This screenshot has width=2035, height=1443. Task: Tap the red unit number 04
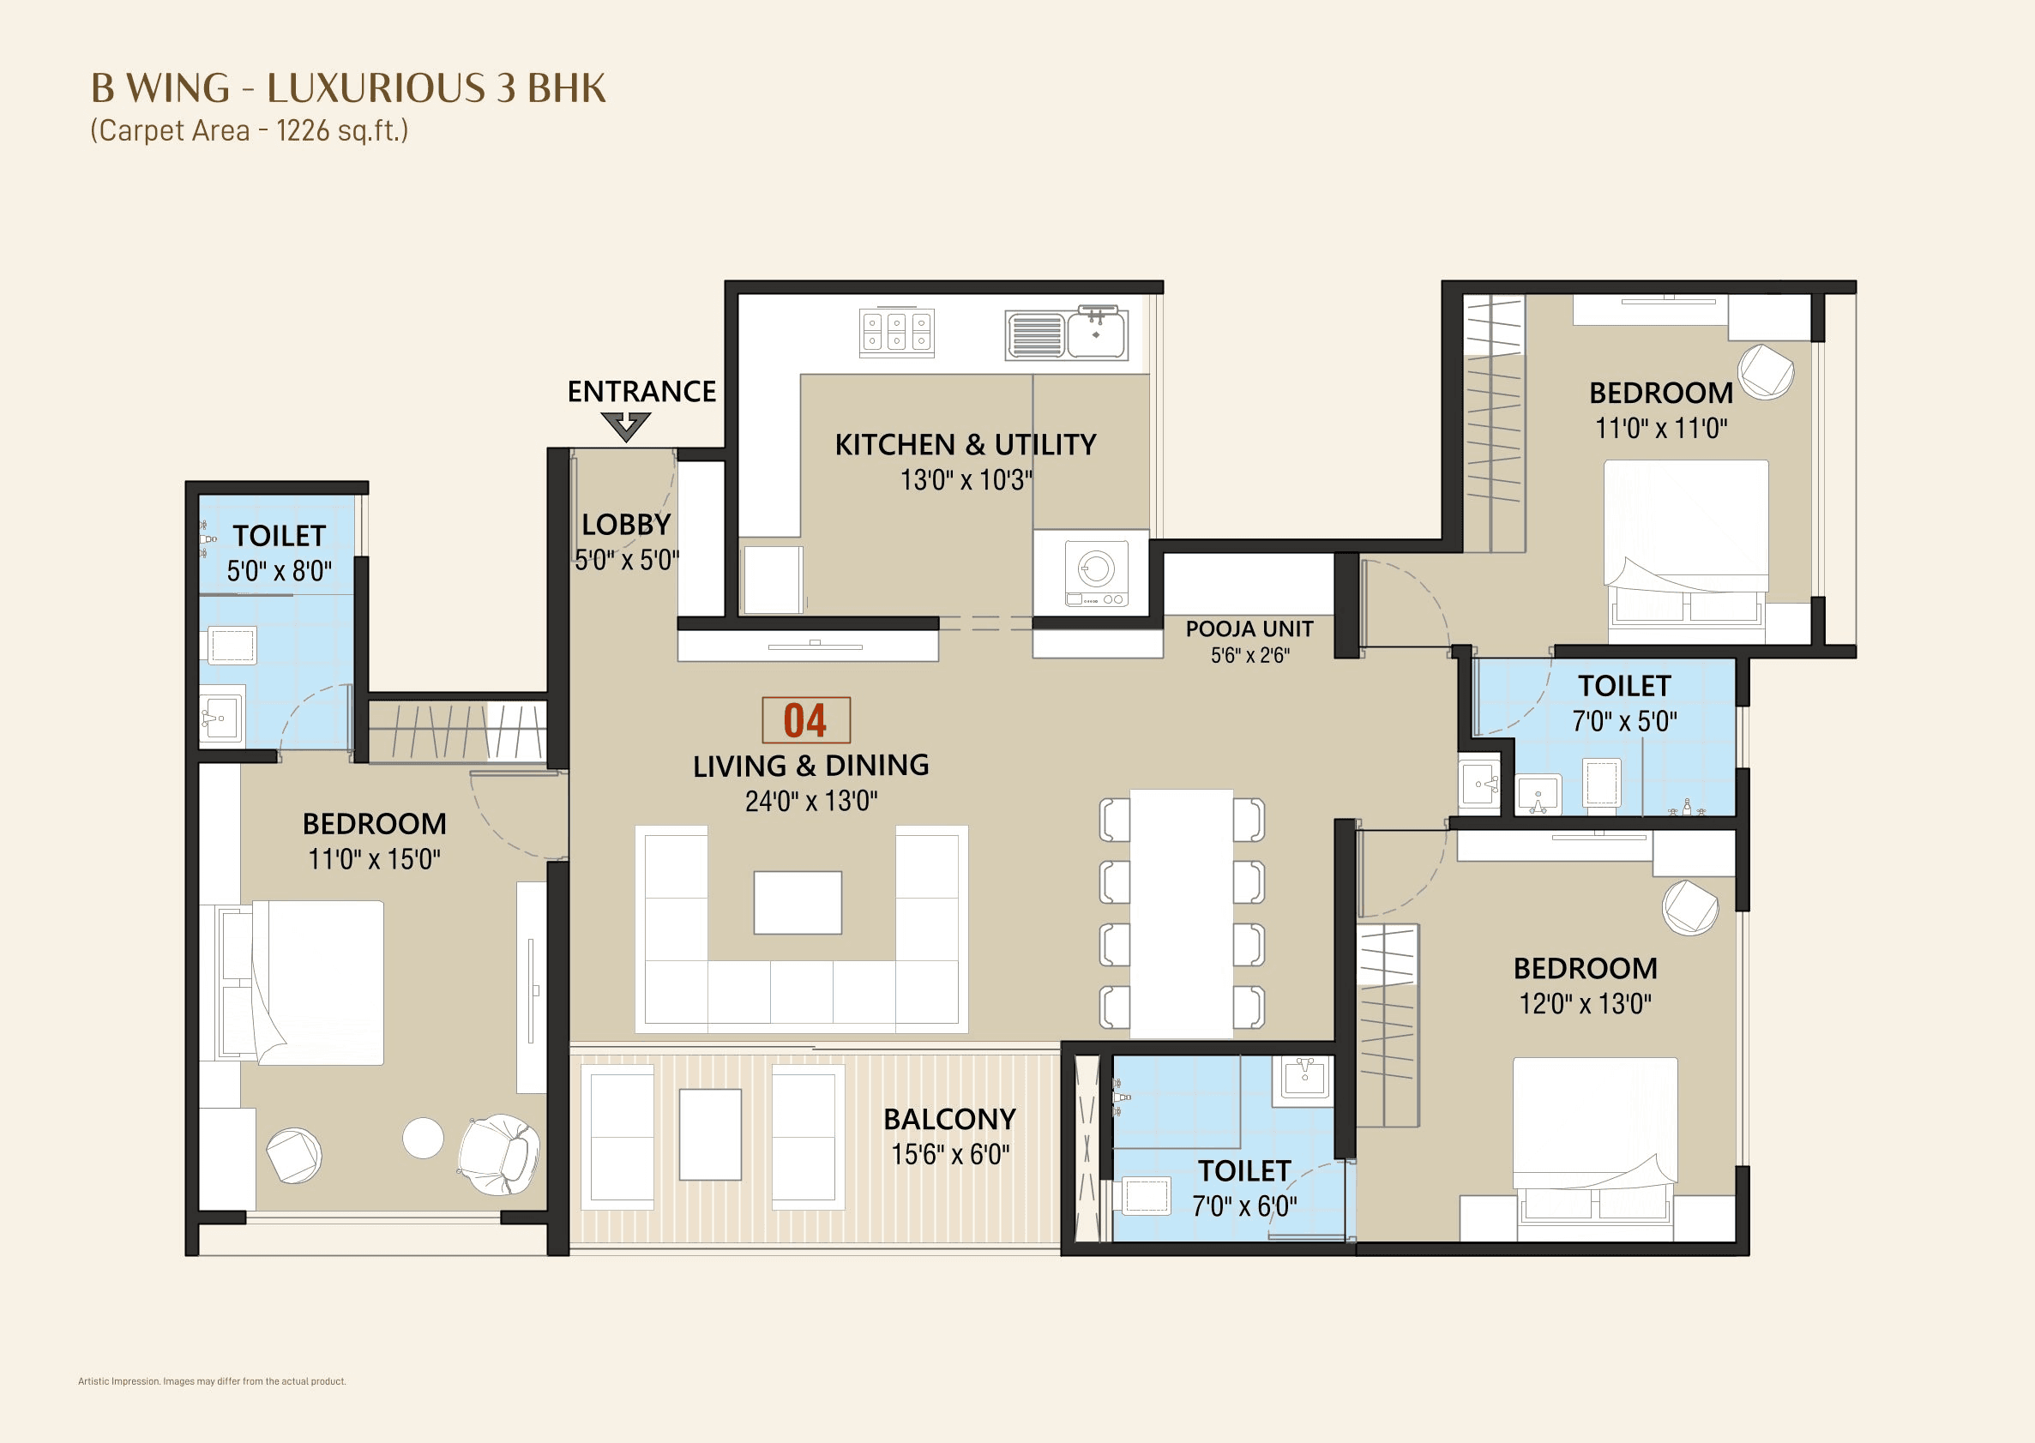(x=805, y=719)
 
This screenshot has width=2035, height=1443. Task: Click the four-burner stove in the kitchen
(x=897, y=333)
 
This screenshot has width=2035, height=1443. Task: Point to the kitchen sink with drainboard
(x=1066, y=334)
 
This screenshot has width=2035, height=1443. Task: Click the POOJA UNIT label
(x=1249, y=629)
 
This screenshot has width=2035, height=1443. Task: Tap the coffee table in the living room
(x=798, y=902)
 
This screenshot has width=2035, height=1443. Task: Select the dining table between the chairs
(x=1181, y=913)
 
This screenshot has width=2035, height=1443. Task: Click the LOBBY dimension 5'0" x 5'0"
(x=627, y=561)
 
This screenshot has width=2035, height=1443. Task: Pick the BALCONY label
(x=949, y=1119)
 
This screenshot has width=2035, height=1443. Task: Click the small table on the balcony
(x=710, y=1134)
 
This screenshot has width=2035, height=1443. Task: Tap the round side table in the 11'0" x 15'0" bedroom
(x=423, y=1139)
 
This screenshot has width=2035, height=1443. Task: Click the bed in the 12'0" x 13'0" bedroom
(x=1595, y=1146)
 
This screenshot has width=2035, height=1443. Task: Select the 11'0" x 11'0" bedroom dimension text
(x=1661, y=429)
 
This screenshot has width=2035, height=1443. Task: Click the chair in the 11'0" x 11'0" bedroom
(x=1765, y=371)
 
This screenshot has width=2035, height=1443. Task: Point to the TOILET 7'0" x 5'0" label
(x=1624, y=686)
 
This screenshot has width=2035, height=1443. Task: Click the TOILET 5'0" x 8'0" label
(x=279, y=536)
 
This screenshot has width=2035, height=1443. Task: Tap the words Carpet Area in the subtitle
(x=174, y=130)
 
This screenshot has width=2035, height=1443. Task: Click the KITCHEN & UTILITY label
(x=965, y=444)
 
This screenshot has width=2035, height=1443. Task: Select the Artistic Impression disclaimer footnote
(x=212, y=1380)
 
